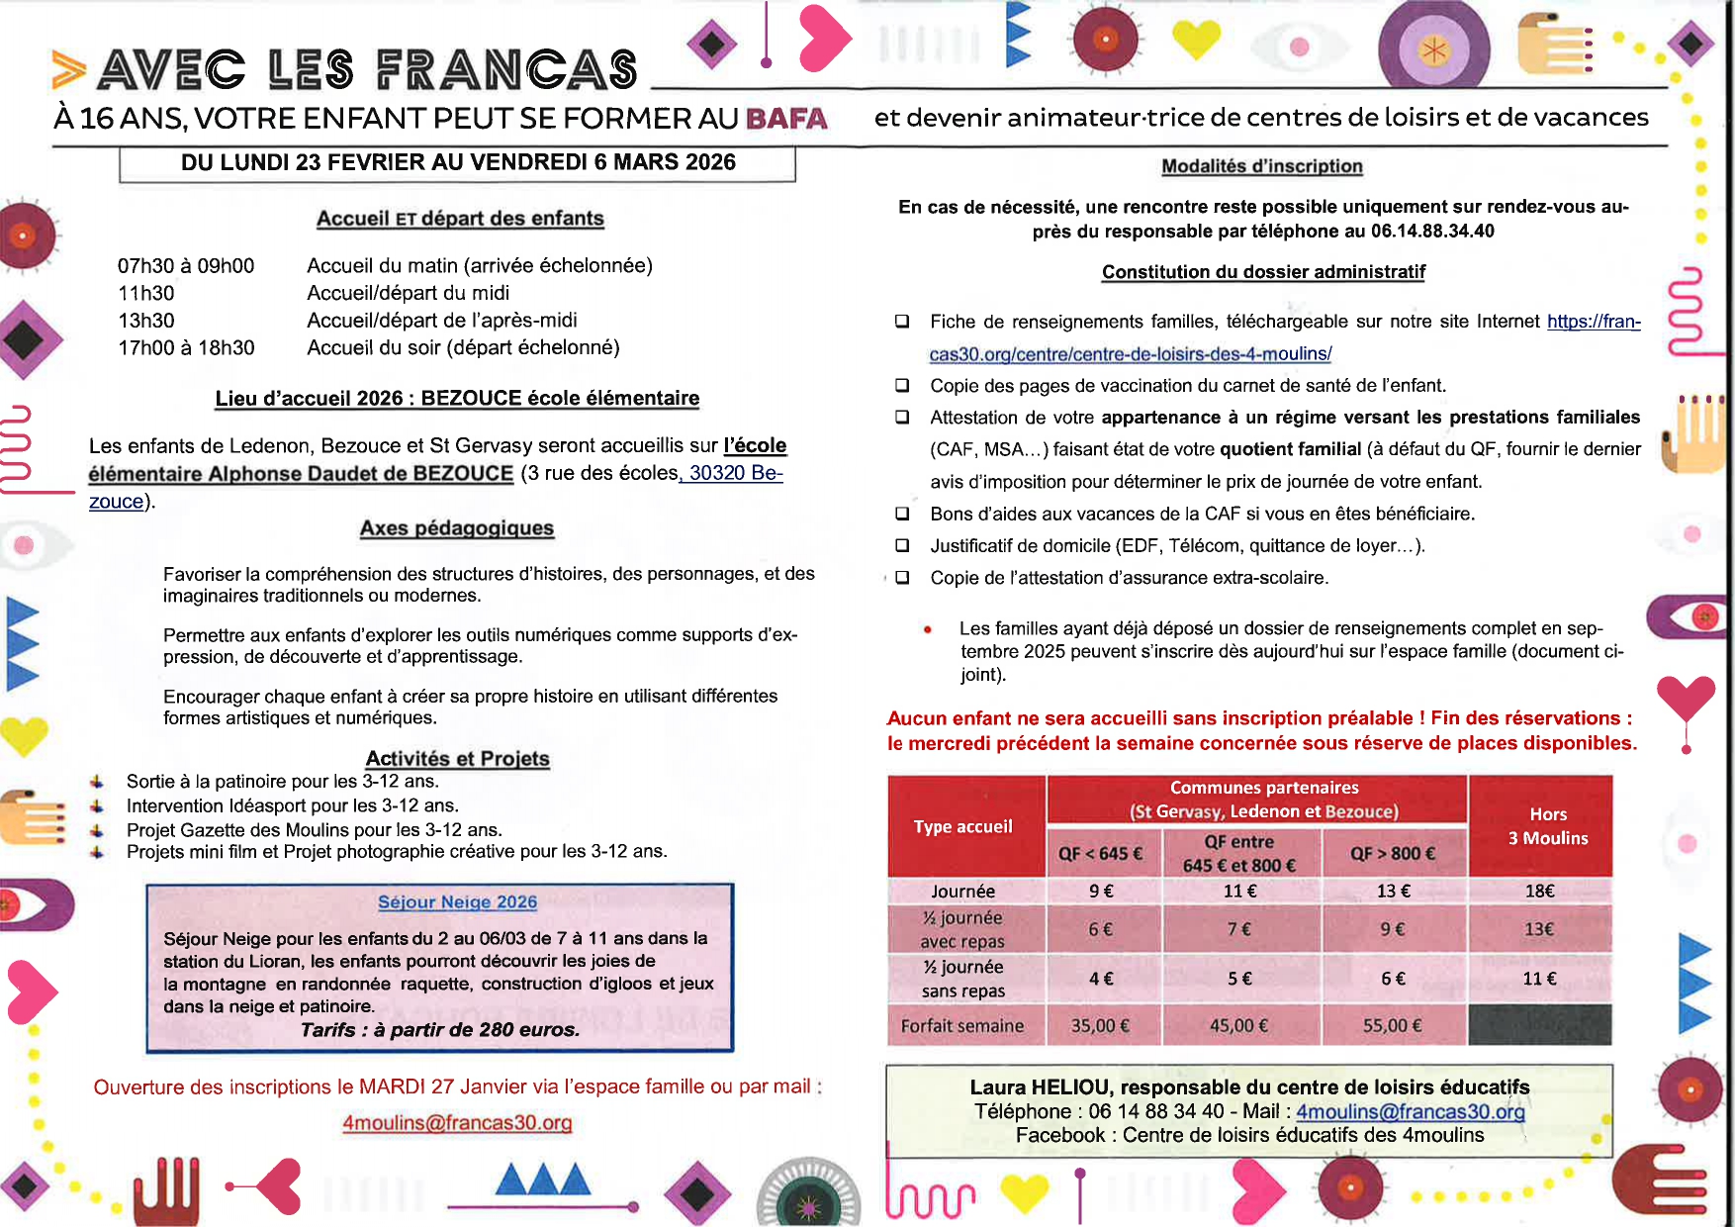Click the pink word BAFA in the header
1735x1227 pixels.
click(786, 119)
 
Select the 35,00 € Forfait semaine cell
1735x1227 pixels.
click(1099, 1026)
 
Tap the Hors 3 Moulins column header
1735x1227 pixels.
click(1547, 826)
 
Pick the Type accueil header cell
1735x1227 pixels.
click(962, 826)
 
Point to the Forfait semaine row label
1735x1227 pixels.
click(961, 1026)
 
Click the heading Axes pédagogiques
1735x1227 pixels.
click(456, 528)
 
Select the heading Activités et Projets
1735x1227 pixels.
click(457, 759)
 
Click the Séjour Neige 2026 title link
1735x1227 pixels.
click(457, 902)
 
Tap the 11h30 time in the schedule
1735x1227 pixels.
click(145, 293)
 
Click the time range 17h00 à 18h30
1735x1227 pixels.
click(186, 347)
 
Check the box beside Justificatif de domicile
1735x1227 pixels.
click(902, 545)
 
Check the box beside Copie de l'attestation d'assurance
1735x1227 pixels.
click(902, 578)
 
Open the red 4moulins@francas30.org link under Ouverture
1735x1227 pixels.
click(457, 1123)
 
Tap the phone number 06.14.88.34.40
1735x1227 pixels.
click(1431, 232)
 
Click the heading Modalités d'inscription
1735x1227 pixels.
click(1261, 166)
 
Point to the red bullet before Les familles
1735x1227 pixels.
click(927, 628)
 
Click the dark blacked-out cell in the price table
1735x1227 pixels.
click(1539, 1025)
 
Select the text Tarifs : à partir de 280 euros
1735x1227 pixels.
click(440, 1030)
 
